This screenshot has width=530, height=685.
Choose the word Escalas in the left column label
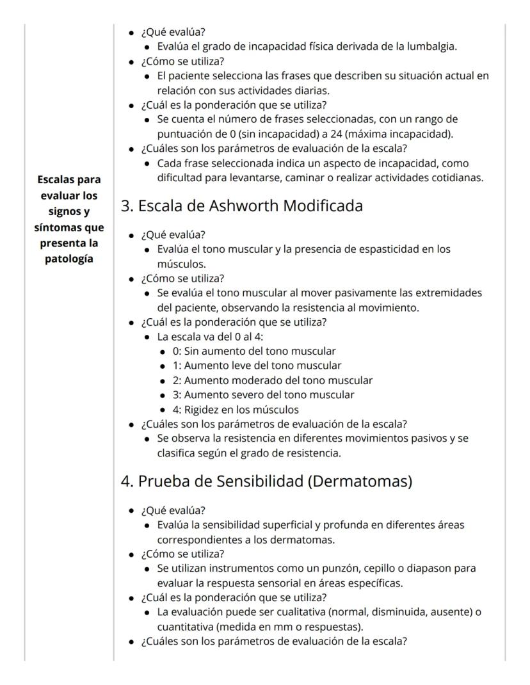point(59,179)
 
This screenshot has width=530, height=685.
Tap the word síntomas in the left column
point(58,227)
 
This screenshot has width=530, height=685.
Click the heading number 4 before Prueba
point(127,481)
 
